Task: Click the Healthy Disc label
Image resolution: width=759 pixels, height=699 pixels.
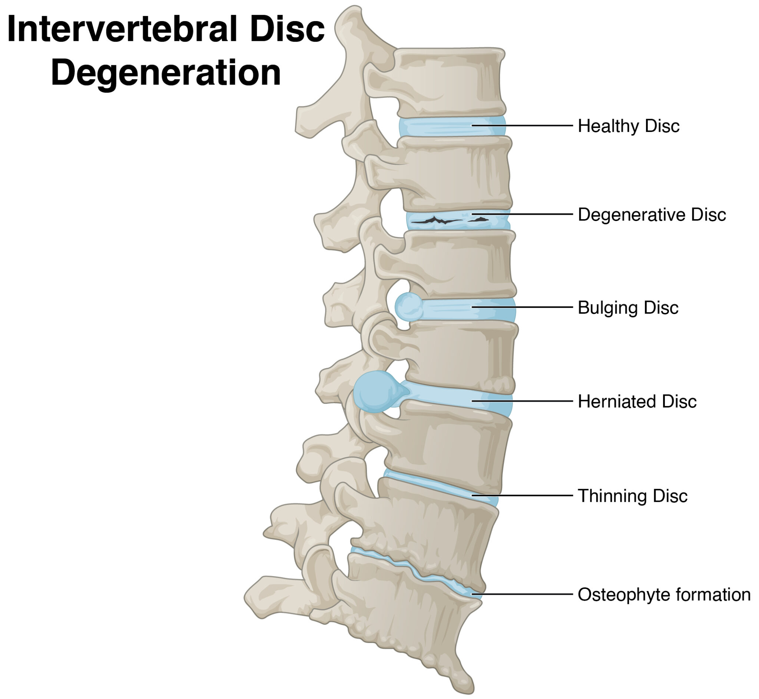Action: click(x=628, y=126)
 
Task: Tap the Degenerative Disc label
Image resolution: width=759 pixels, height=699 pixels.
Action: click(x=652, y=215)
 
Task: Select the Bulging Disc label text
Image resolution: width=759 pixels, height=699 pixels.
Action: click(x=628, y=308)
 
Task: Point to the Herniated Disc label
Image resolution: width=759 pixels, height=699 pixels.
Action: click(x=637, y=402)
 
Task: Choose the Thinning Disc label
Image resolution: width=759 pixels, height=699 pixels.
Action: click(x=632, y=496)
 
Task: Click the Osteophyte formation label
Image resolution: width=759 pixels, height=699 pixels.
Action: click(x=664, y=594)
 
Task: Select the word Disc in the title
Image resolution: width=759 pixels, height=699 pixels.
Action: click(x=287, y=30)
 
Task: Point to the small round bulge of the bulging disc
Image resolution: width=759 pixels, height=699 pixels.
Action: click(x=409, y=307)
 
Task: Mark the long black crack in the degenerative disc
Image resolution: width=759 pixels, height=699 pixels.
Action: click(x=435, y=221)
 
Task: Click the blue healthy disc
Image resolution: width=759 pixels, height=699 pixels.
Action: click(x=450, y=127)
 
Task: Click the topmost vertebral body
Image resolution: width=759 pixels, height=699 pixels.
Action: click(x=450, y=81)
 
